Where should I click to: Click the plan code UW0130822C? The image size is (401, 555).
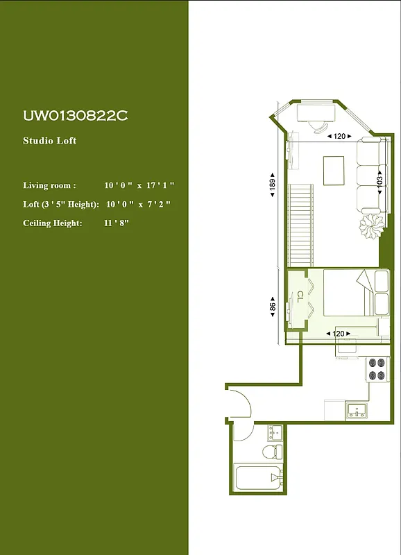click(75, 116)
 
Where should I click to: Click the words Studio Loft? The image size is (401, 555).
click(50, 141)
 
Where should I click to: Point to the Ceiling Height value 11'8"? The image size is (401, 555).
click(117, 223)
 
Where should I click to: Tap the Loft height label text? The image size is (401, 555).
click(61, 204)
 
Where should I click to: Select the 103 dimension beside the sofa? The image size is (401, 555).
click(379, 182)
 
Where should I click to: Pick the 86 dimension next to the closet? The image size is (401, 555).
click(273, 306)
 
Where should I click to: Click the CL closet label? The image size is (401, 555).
click(300, 297)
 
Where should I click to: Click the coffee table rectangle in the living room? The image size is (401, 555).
click(334, 171)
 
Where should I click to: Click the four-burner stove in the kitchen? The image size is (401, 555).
click(377, 368)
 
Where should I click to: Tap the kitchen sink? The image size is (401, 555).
click(358, 409)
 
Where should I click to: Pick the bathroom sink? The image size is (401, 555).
click(275, 433)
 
